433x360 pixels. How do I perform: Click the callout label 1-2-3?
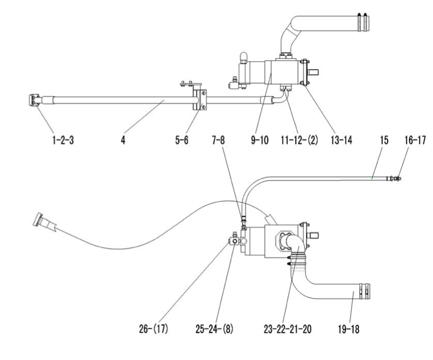pos(63,140)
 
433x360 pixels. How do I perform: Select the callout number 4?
pos(123,140)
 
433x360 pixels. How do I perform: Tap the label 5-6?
pos(182,140)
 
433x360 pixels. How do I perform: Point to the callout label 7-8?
pos(218,140)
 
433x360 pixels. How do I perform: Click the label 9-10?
pos(260,140)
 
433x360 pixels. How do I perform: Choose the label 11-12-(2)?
pos(299,140)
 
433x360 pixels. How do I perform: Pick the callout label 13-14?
pos(342,140)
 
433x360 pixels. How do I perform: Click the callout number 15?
pos(384,140)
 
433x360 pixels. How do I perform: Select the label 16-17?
pos(415,140)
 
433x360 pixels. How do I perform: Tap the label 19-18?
pos(349,329)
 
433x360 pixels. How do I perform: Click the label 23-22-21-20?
pos(288,329)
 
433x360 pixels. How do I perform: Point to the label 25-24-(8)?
pos(215,329)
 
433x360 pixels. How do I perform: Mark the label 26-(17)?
pos(153,329)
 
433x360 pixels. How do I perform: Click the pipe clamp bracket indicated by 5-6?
pos(200,100)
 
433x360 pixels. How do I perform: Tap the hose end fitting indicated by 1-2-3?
pos(34,100)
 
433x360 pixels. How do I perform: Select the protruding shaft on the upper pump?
pos(314,72)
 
